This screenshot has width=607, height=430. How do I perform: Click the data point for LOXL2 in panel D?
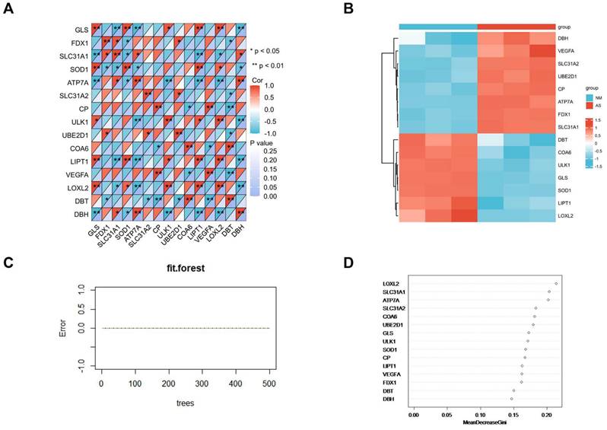[556, 284]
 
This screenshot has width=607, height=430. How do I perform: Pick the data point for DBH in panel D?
[512, 398]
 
